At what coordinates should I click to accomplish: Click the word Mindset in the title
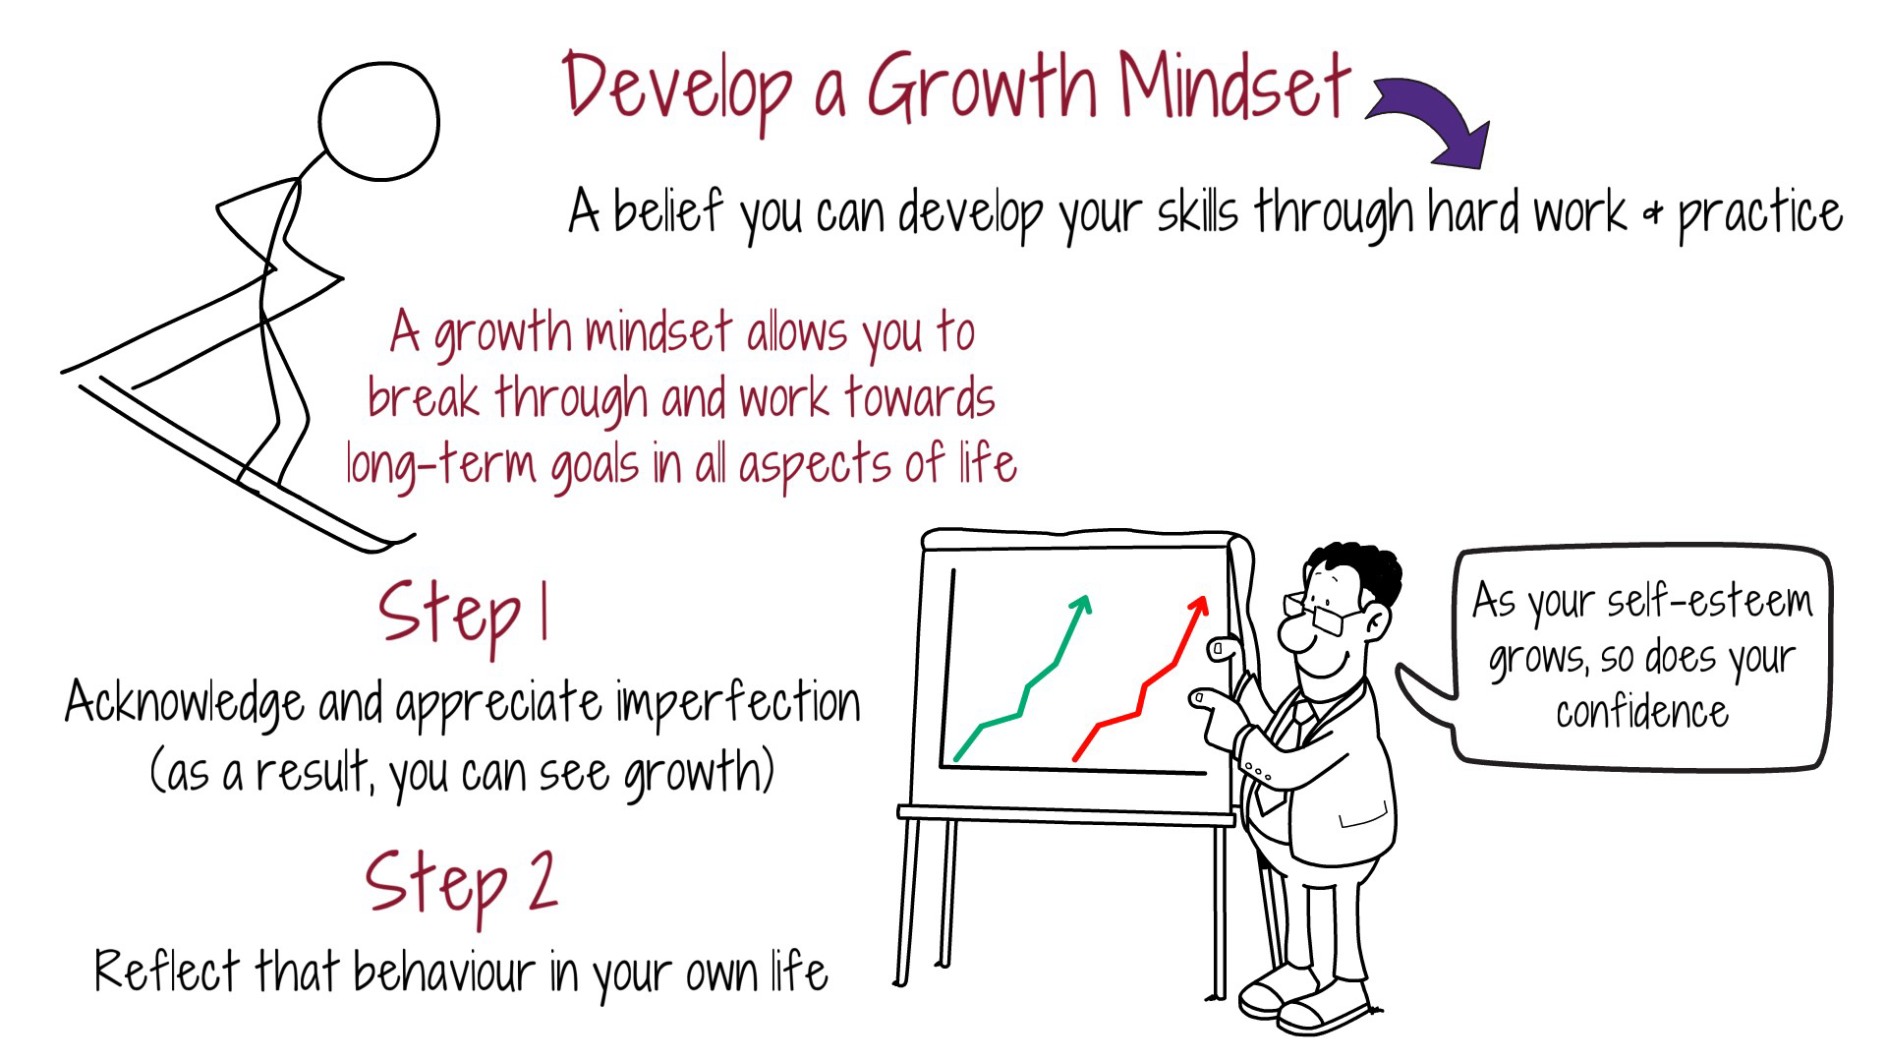(1233, 87)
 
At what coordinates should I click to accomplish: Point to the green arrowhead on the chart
(1081, 604)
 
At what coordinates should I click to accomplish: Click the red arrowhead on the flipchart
(1198, 606)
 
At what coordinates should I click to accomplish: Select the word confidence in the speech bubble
(1641, 711)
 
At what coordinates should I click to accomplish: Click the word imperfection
(737, 703)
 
